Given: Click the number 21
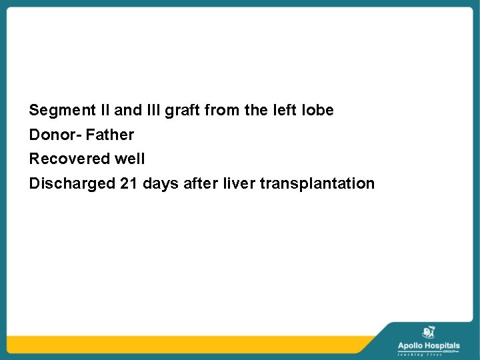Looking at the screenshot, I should point(129,183).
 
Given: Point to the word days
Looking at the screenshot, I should point(159,183).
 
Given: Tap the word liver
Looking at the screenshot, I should point(239,183).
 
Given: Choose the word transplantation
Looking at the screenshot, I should point(317,183).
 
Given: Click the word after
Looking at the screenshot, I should point(199,183).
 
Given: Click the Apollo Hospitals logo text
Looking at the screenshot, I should point(429,345).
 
